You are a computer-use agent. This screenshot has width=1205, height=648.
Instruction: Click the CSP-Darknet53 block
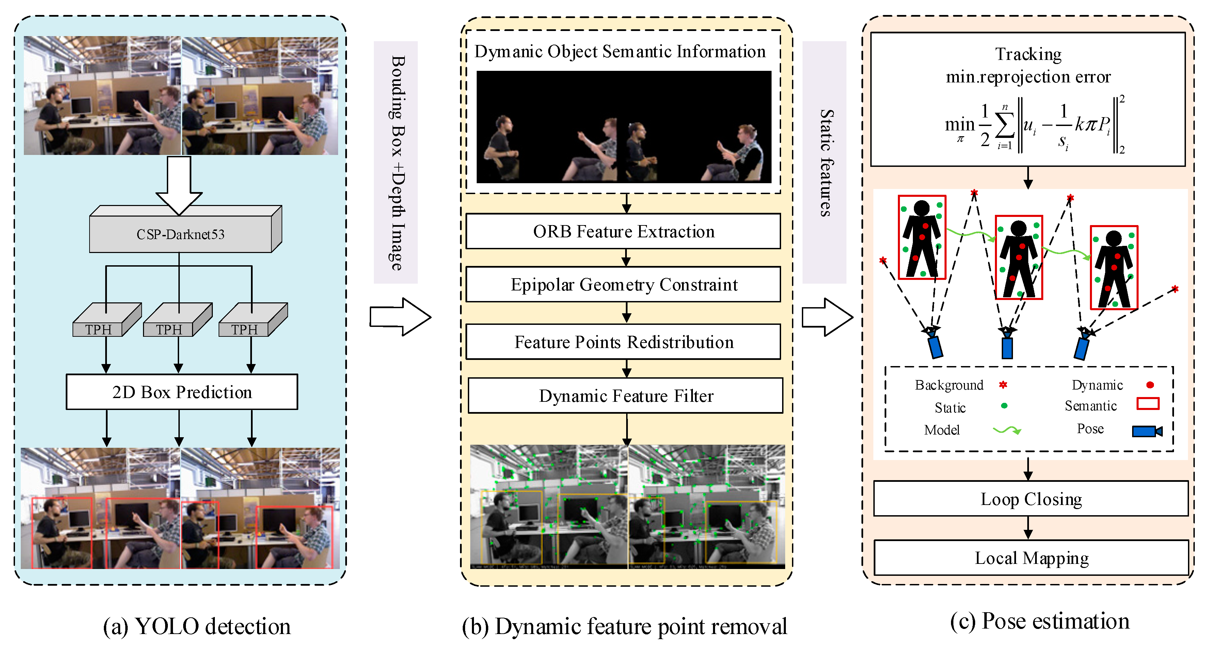click(180, 234)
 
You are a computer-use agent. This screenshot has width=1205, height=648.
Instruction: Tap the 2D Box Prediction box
click(181, 392)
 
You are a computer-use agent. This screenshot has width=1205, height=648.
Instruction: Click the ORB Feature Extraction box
click(623, 232)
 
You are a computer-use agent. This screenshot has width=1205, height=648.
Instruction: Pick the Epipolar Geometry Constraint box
click(623, 284)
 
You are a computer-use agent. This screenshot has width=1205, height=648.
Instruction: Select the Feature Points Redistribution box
click(623, 342)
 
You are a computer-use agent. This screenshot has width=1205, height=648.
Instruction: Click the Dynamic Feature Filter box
click(625, 396)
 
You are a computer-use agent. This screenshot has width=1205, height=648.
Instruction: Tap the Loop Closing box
click(1031, 499)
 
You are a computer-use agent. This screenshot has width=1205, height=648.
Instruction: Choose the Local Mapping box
click(1031, 558)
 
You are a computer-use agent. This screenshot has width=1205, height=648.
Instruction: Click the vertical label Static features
click(825, 162)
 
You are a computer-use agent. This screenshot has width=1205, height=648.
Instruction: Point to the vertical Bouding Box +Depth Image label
click(396, 162)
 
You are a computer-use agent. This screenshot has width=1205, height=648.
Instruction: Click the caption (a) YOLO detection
click(196, 626)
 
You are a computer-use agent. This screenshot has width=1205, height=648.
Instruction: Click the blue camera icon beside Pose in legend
click(1146, 431)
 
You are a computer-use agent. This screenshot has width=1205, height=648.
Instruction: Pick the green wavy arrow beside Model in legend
click(1006, 429)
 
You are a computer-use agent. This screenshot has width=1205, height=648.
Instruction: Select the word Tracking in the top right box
click(1028, 54)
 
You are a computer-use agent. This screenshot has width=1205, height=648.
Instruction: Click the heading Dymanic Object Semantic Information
click(620, 51)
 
